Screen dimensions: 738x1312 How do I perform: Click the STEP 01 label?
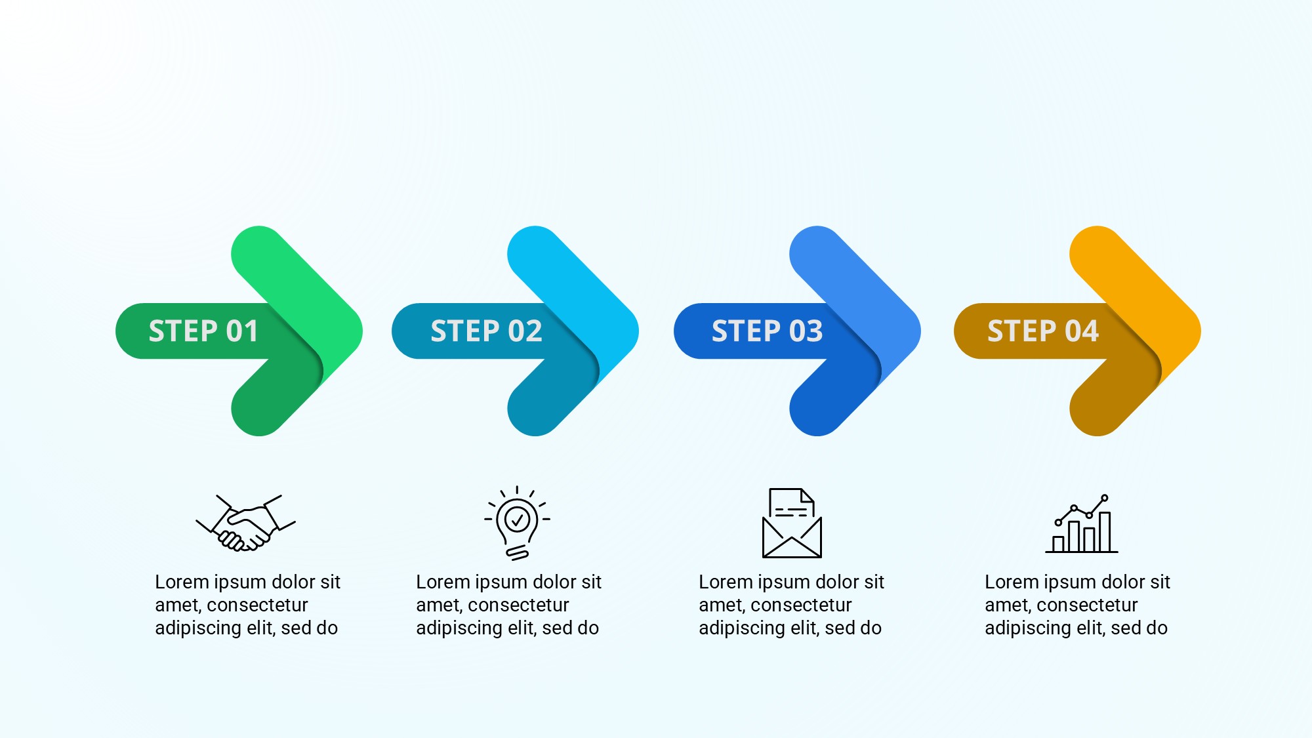point(203,331)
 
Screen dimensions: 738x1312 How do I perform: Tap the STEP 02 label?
point(486,331)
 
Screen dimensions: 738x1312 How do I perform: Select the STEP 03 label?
point(767,331)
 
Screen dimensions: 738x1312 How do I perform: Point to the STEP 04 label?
point(1043,331)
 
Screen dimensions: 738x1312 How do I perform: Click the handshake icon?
point(246,523)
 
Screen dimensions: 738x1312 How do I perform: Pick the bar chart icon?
point(1082,524)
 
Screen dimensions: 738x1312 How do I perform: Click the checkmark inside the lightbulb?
point(517,520)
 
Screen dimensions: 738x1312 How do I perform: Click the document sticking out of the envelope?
point(792,502)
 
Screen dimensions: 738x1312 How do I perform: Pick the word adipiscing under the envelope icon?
point(738,628)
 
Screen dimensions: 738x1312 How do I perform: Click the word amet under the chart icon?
point(1006,605)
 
